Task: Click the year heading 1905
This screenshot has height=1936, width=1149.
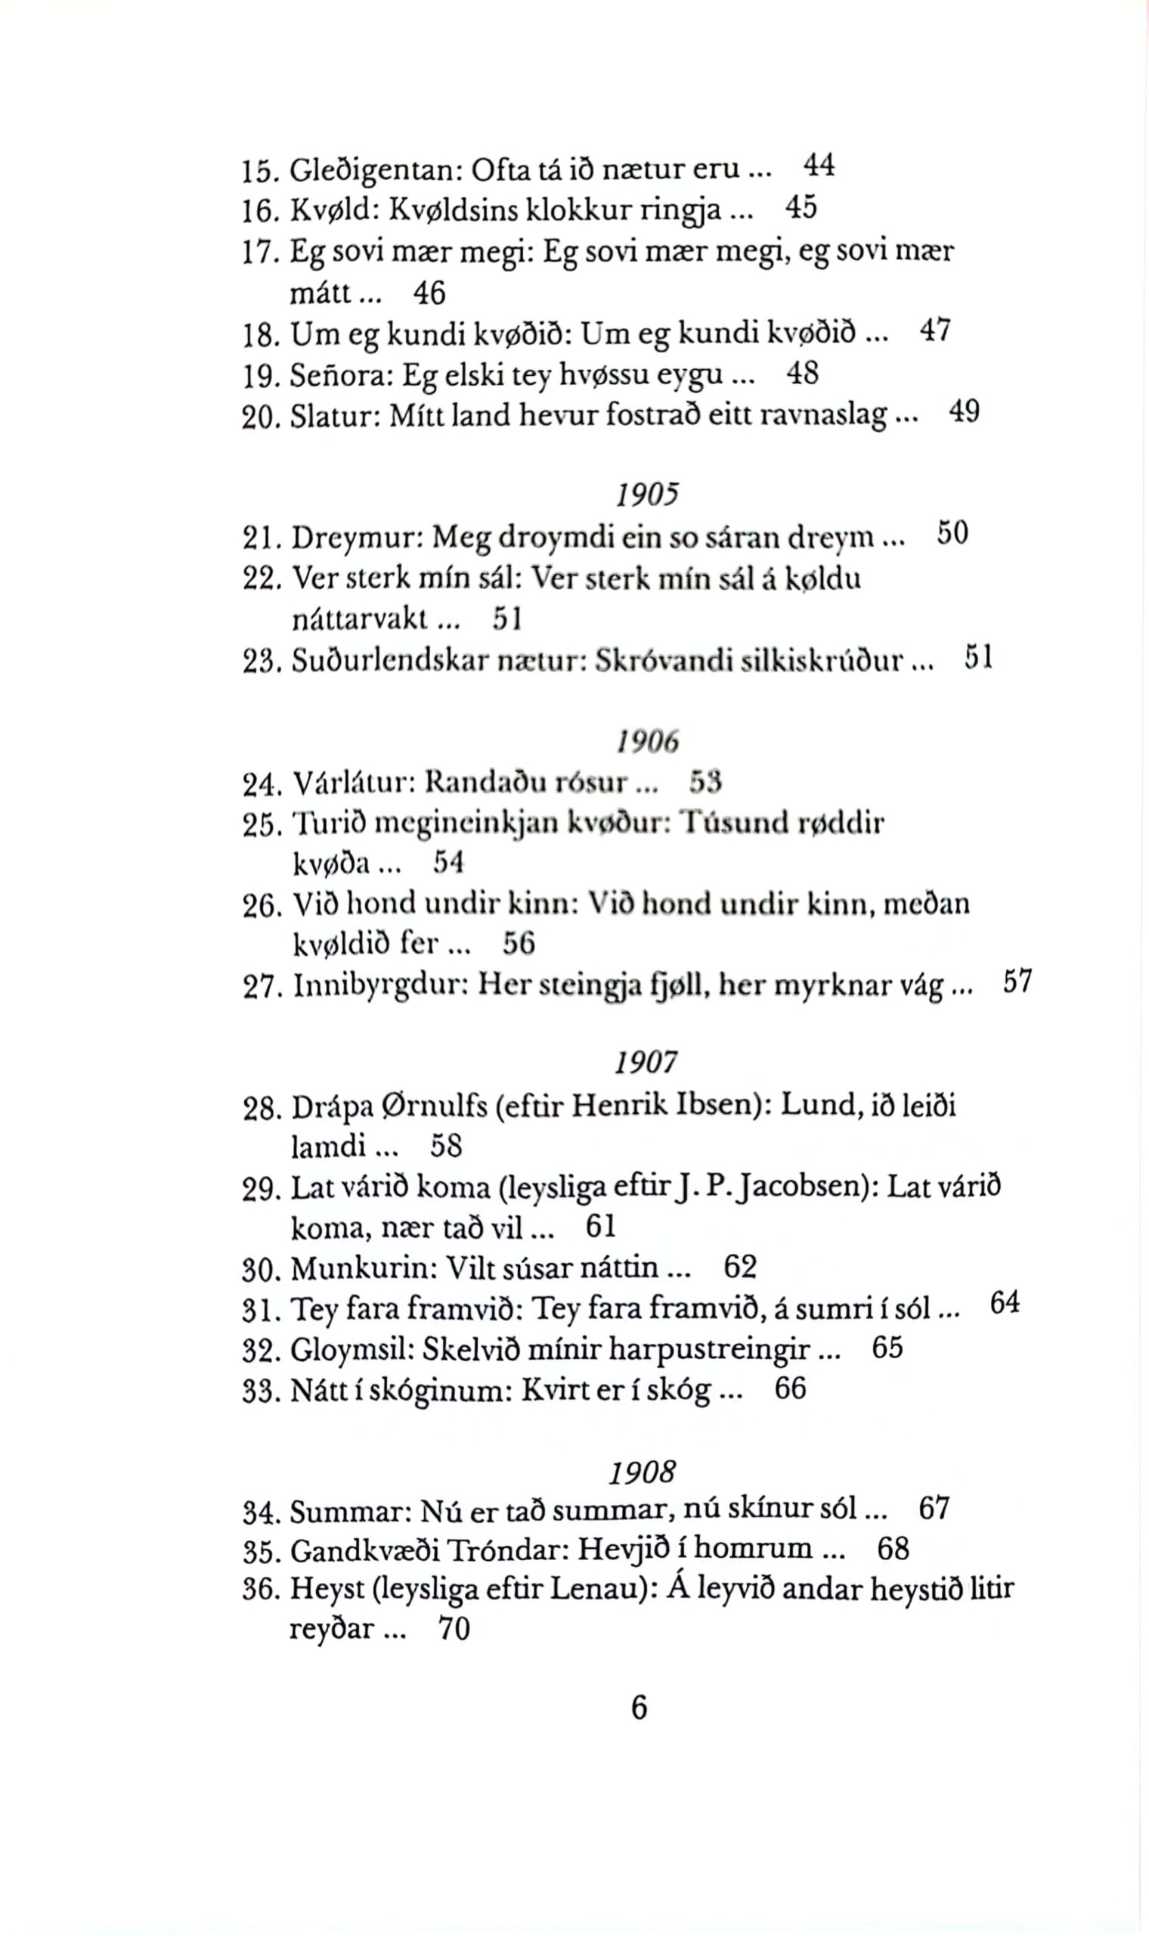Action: point(647,495)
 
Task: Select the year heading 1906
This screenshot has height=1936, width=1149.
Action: point(647,743)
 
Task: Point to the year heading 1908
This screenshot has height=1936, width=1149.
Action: point(643,1471)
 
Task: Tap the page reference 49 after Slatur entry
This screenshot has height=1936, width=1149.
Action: point(964,411)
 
